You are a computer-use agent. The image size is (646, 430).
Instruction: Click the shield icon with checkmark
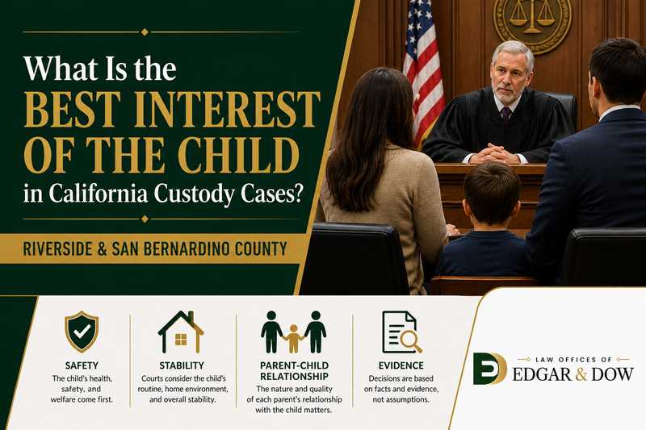(82, 332)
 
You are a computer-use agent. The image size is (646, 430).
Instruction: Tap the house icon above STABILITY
(181, 332)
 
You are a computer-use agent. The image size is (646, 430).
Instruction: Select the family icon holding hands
(293, 332)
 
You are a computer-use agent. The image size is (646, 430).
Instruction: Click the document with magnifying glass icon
(401, 332)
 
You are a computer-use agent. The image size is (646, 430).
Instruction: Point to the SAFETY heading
(82, 365)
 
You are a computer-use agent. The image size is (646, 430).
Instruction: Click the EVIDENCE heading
(401, 365)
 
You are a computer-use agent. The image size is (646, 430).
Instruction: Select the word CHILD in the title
(238, 156)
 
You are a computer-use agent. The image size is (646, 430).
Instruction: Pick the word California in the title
(98, 193)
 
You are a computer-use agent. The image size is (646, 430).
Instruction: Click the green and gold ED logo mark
(489, 368)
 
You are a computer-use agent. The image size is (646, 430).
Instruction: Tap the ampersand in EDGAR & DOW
(581, 374)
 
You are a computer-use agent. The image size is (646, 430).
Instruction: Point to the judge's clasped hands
(495, 155)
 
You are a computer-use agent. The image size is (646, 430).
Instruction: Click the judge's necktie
(505, 113)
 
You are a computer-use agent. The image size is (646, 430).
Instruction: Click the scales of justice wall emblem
(532, 22)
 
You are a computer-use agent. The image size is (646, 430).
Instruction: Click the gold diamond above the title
(145, 31)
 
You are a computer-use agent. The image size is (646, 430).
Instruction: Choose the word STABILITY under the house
(182, 365)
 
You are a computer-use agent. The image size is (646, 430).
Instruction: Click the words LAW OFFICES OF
(573, 360)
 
